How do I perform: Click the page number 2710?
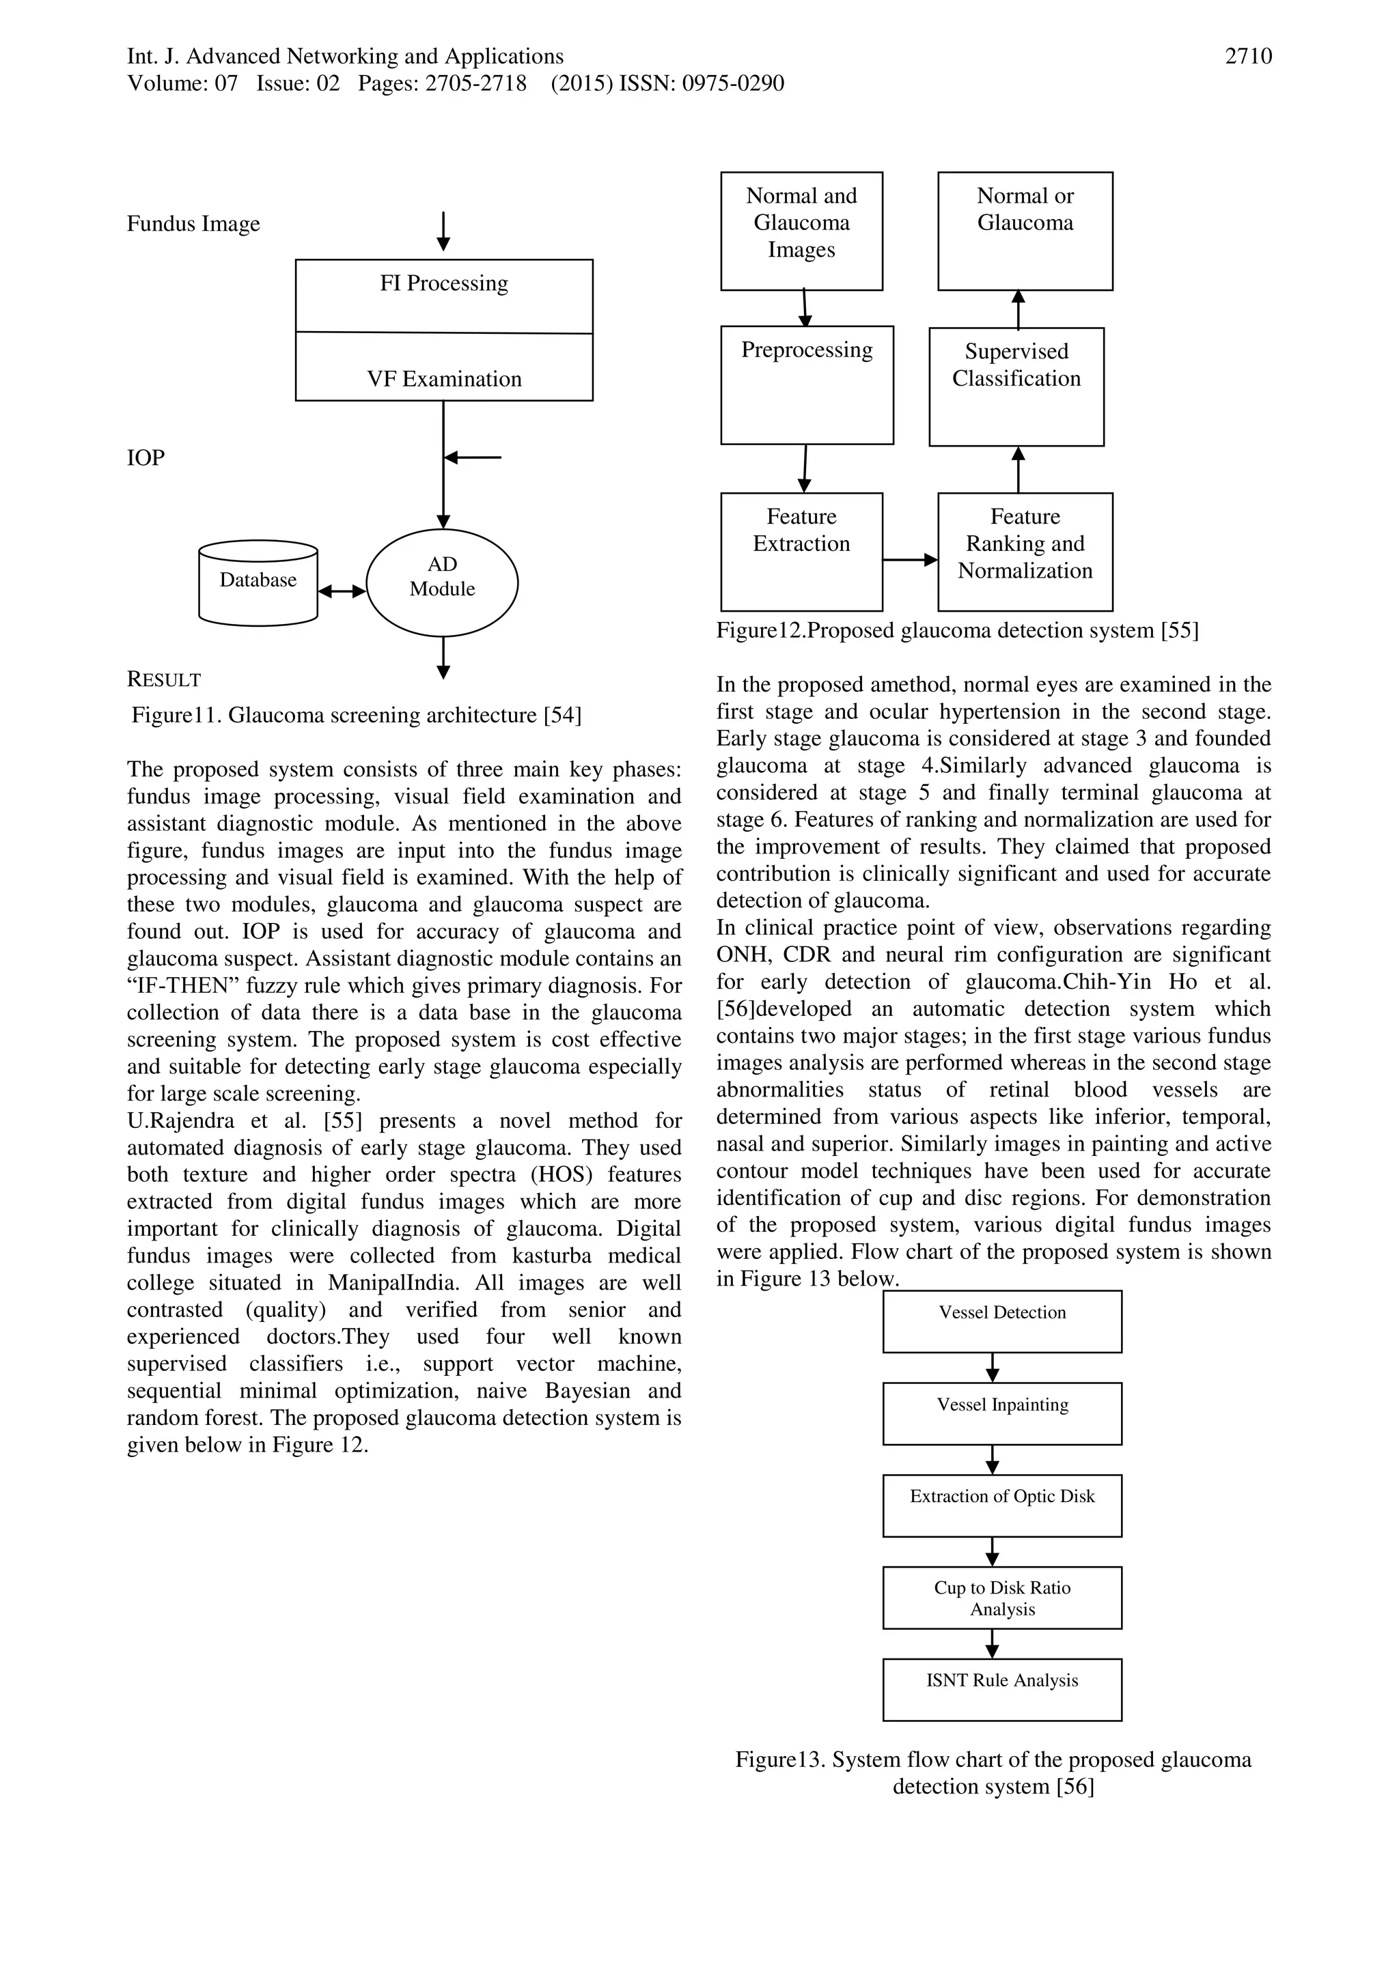(1247, 57)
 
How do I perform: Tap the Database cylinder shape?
(258, 582)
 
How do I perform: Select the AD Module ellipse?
(442, 582)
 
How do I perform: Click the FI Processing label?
(444, 283)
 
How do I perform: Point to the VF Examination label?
(444, 379)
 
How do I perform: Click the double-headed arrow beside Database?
(342, 591)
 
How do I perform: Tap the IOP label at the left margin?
(146, 457)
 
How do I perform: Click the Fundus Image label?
(193, 224)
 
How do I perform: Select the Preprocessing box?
(807, 384)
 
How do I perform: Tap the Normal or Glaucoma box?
(1025, 231)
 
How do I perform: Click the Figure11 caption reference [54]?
(562, 715)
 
